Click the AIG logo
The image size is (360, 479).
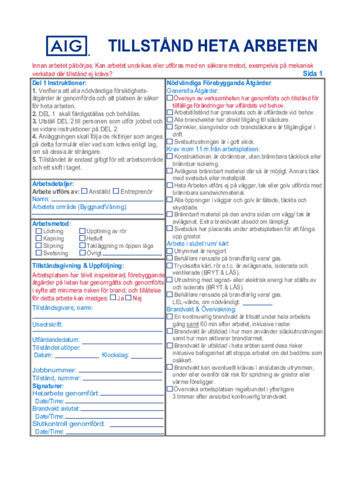[67, 46]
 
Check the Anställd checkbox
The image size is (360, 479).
[84, 191]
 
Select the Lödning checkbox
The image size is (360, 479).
[39, 231]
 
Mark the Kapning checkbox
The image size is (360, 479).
[39, 239]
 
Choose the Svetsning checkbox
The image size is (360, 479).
[39, 253]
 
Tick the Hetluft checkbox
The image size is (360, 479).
[82, 239]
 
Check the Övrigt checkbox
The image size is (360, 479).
[82, 253]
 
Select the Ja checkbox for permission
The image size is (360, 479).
[112, 298]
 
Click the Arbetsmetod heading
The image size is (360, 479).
[51, 224]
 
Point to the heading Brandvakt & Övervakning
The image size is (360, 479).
[202, 309]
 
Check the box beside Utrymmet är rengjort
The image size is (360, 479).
[170, 251]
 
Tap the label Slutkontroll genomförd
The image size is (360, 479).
[68, 424]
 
